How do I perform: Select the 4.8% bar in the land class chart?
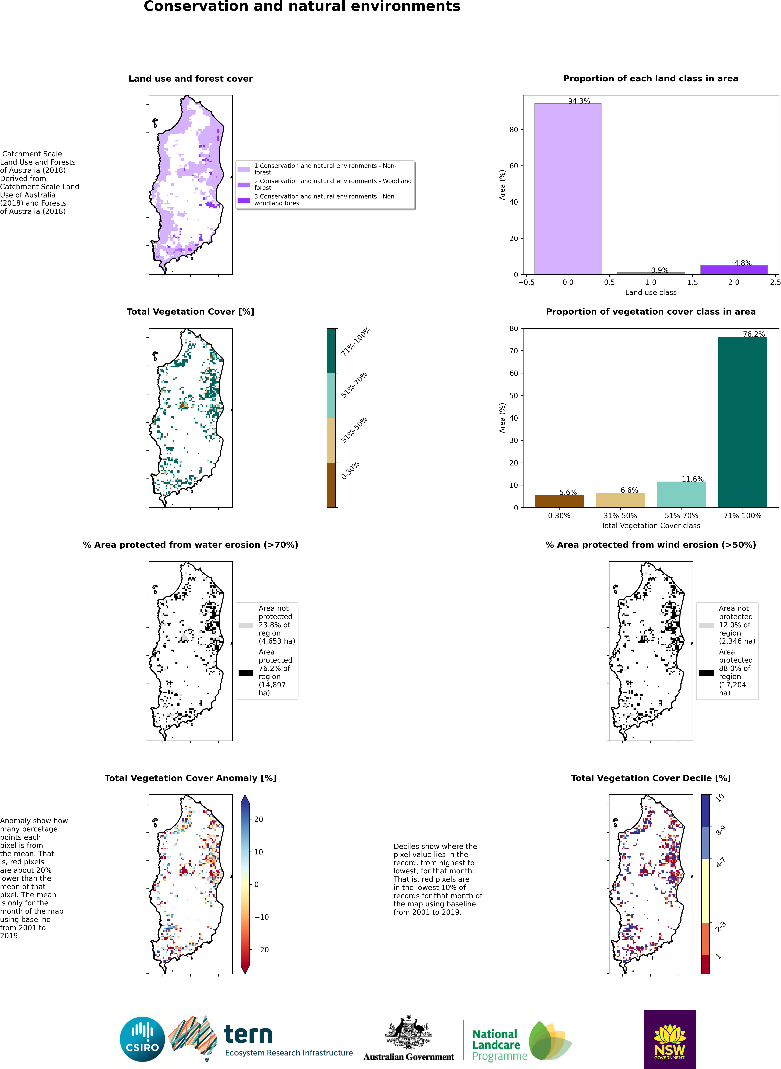[x=734, y=270]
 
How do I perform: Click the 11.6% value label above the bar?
[x=693, y=479]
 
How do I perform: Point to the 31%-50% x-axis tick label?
[x=620, y=515]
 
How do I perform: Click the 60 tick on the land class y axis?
[x=513, y=166]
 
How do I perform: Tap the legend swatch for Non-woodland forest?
[x=243, y=200]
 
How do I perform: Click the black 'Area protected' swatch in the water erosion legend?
[x=246, y=673]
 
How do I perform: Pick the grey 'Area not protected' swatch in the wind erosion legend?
[x=706, y=625]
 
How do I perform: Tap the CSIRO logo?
[x=142, y=1039]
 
